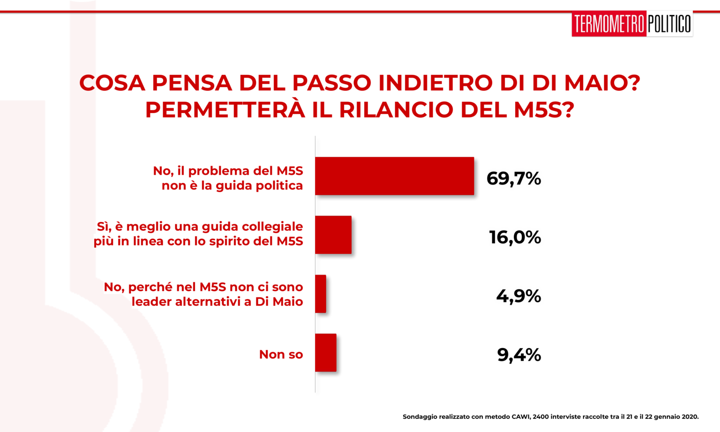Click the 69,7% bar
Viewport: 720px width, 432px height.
click(394, 176)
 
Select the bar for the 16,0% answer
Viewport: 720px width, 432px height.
click(333, 235)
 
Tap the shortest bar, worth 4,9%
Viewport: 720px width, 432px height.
click(321, 294)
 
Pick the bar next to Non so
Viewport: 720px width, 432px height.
click(326, 353)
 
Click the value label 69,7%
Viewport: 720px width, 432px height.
click(514, 179)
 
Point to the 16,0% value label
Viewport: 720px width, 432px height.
click(515, 238)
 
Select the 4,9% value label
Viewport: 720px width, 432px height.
click(518, 296)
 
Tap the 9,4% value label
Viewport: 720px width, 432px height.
click(519, 355)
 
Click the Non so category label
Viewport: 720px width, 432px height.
click(281, 354)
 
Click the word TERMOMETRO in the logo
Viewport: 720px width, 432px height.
click(609, 24)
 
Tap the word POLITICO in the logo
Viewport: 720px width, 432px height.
click(669, 24)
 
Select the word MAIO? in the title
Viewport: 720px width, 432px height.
click(602, 82)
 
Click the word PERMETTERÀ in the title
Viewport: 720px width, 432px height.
click(225, 110)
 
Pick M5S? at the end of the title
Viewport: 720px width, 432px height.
click(544, 110)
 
